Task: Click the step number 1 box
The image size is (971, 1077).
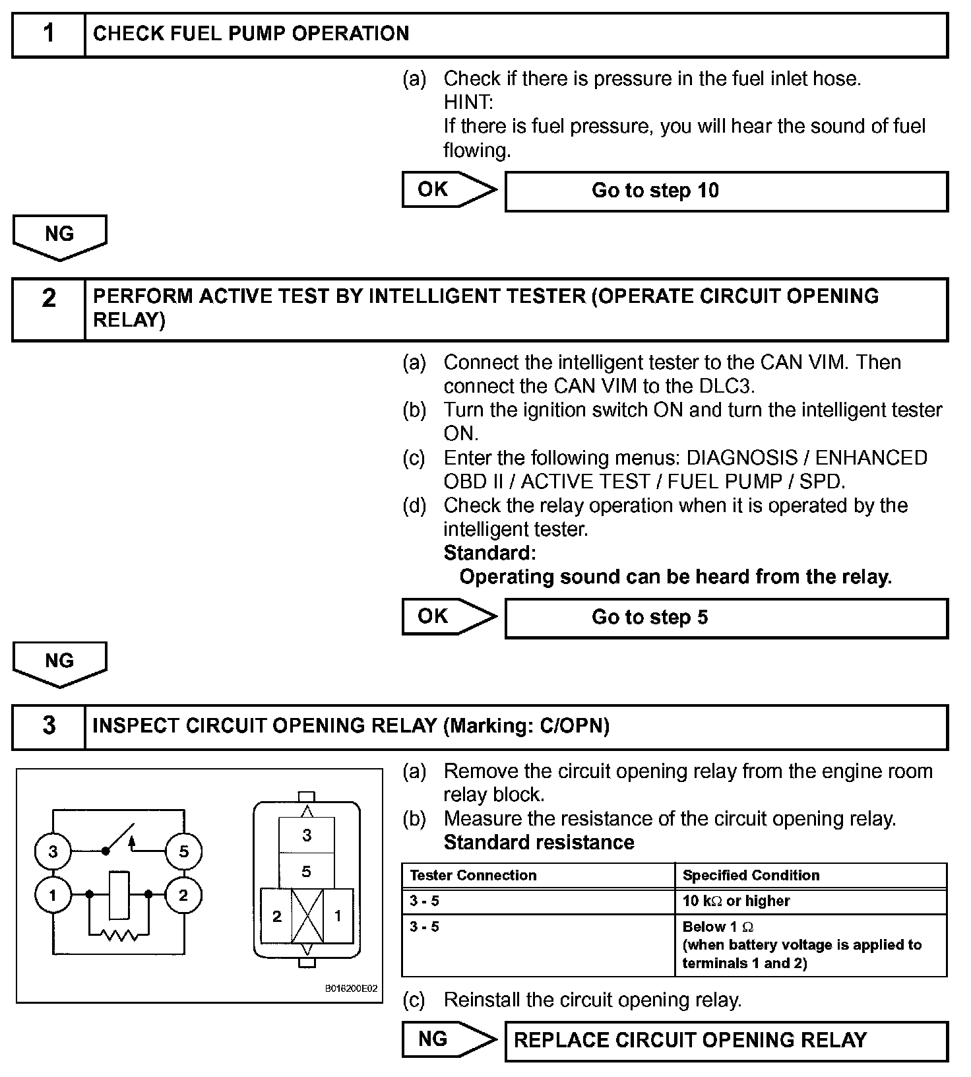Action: (49, 34)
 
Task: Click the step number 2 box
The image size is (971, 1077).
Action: (49, 309)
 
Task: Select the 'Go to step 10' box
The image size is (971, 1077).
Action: (726, 191)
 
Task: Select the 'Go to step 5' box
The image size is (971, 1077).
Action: (726, 618)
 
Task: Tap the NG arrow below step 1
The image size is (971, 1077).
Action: (59, 236)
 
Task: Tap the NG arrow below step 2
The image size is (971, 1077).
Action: (59, 663)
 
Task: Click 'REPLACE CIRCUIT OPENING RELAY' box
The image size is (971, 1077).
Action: (726, 1041)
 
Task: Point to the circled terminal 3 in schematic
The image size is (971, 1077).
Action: (53, 851)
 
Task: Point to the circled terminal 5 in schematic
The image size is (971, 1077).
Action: (183, 851)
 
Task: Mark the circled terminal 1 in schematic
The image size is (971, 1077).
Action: (53, 896)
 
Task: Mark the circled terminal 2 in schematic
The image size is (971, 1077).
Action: (183, 896)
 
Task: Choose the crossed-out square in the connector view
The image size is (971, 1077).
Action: (307, 916)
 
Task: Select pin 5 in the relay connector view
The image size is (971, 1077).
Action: (306, 872)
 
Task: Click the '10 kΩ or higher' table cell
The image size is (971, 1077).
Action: (810, 901)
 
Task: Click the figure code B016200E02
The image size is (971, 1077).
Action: (351, 989)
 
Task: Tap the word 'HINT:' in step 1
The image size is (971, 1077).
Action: (468, 102)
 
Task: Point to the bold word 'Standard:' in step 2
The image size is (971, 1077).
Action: (489, 552)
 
